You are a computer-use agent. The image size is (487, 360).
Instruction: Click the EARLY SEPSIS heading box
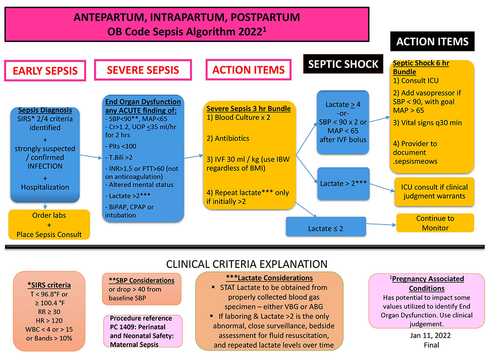pos(45,71)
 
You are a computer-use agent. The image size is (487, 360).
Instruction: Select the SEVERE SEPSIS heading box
pos(143,70)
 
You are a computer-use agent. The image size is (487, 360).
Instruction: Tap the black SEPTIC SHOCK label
pos(343,64)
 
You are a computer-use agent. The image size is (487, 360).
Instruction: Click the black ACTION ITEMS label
pos(432,41)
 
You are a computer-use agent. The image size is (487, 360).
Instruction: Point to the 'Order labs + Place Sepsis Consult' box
pos(49,225)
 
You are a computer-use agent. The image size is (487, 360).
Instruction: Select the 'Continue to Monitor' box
pos(434,223)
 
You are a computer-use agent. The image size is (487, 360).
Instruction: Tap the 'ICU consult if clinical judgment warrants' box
pos(434,192)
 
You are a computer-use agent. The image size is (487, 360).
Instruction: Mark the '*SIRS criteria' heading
pos(49,284)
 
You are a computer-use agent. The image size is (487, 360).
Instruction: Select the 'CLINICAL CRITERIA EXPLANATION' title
pos(246,265)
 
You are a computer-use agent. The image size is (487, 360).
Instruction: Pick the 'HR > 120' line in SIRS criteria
pos(49,322)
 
